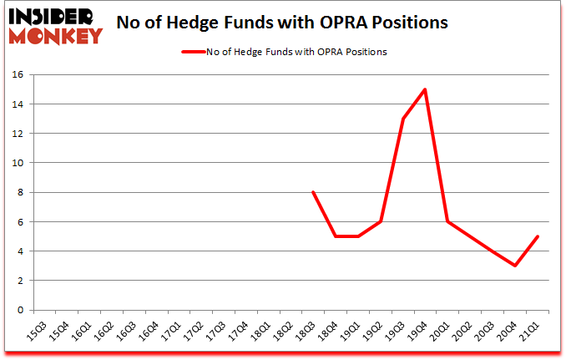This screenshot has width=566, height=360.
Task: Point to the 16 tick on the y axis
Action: tap(23, 74)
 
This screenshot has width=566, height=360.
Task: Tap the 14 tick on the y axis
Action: tap(23, 104)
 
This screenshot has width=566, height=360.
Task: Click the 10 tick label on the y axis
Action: tap(23, 163)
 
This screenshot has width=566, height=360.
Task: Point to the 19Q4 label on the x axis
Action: tap(420, 332)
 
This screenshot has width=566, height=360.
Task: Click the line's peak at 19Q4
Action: tap(426, 89)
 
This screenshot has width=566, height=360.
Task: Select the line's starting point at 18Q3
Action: tap(313, 192)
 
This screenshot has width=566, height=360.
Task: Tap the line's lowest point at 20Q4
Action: tap(516, 266)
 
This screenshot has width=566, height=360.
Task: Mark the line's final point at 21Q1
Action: tap(538, 236)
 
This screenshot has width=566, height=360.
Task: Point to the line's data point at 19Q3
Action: tap(403, 119)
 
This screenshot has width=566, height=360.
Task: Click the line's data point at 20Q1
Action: tap(448, 221)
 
